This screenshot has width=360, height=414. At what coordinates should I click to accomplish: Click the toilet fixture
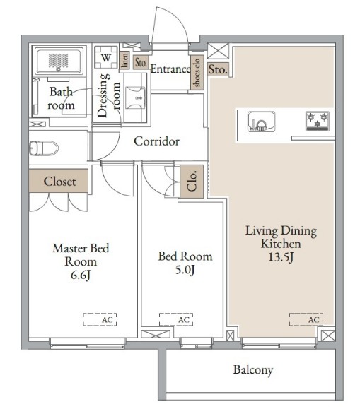[44, 148]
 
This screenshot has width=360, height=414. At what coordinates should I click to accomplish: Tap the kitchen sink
[261, 122]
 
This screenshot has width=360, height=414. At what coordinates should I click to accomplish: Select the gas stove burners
[318, 122]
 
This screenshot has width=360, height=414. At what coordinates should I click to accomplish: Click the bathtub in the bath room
[59, 61]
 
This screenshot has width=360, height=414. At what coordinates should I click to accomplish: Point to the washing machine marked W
[106, 57]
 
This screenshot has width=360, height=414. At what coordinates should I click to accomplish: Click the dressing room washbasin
[135, 97]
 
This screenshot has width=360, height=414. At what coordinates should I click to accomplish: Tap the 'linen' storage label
[124, 60]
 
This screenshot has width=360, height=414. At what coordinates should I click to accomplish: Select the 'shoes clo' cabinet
[197, 73]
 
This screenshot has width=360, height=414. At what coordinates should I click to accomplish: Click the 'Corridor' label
[156, 141]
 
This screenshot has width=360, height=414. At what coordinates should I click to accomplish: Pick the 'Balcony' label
[253, 370]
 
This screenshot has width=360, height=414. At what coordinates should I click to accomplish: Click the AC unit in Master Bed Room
[100, 319]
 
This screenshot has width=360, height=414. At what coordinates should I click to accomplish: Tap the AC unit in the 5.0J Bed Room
[176, 319]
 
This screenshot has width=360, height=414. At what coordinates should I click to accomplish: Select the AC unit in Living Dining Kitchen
[306, 319]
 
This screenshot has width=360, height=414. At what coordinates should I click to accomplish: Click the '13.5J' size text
[281, 257]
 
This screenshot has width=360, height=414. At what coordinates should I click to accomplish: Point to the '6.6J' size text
[81, 275]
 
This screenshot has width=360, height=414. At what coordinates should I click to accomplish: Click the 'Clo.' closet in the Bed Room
[192, 182]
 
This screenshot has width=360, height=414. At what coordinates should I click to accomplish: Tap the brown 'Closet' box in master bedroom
[59, 181]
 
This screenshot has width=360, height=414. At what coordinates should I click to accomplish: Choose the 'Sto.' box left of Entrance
[141, 63]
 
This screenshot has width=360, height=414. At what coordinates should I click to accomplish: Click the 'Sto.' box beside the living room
[218, 69]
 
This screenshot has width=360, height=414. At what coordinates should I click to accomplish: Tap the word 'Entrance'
[170, 69]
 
